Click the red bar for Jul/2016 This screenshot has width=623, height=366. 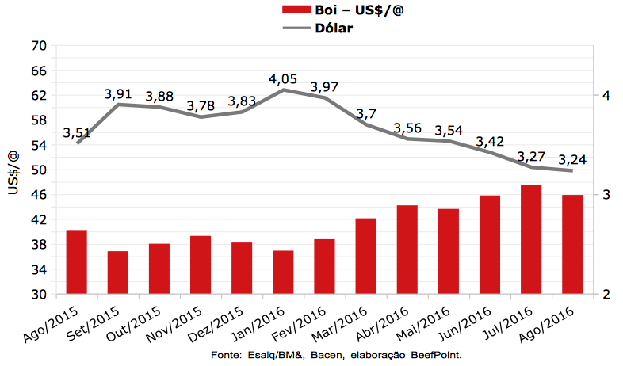click(x=531, y=239)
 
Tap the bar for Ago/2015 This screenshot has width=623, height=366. click(x=77, y=261)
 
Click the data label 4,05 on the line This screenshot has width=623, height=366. click(x=284, y=79)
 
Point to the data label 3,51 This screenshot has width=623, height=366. click(x=78, y=132)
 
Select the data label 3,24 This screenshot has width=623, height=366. click(x=572, y=158)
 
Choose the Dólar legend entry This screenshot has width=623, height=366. click(x=328, y=29)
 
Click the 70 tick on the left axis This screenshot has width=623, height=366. click(x=39, y=46)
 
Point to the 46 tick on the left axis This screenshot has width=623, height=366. click(x=39, y=195)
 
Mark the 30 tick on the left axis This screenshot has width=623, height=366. click(x=39, y=295)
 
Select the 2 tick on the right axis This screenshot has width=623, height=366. click(x=606, y=295)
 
